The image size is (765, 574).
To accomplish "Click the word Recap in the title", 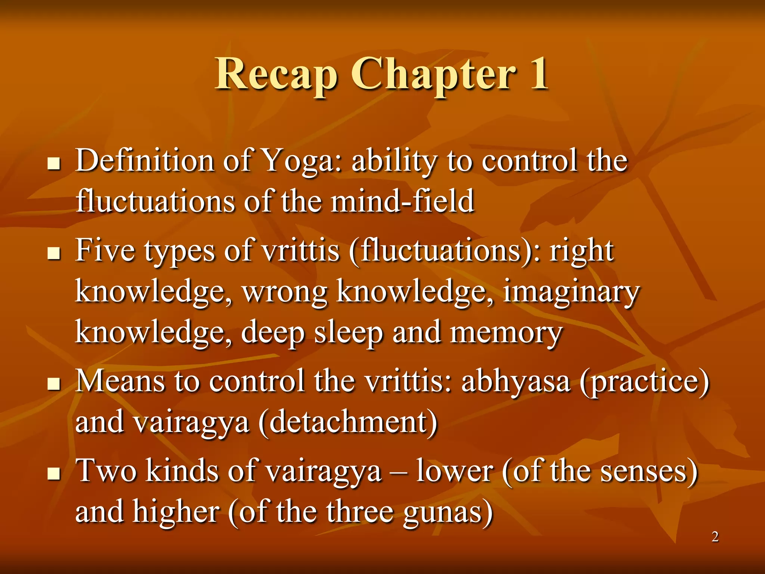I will (276, 75).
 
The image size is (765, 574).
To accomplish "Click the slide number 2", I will (715, 537).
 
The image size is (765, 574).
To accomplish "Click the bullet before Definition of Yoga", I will (55, 164).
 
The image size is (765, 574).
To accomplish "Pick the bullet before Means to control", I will (55, 384).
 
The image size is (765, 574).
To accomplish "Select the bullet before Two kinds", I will (55, 473).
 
